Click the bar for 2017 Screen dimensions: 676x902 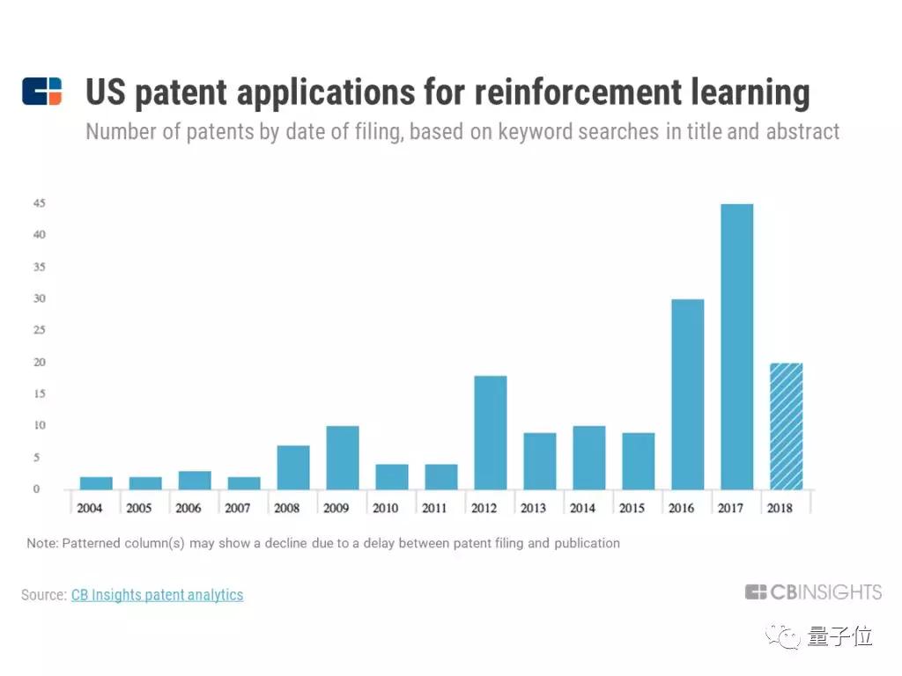[736, 347]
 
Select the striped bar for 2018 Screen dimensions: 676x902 [786, 426]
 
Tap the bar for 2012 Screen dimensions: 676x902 [490, 432]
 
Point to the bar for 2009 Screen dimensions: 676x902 [342, 458]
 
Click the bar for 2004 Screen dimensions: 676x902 [95, 483]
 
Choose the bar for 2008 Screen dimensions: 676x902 [292, 467]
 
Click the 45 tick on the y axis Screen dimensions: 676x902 [40, 203]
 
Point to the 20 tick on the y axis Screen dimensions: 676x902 [40, 363]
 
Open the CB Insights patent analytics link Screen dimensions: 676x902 [157, 595]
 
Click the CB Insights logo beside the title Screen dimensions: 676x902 [42, 92]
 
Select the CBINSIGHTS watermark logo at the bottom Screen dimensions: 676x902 [813, 592]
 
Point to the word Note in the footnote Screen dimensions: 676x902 [41, 543]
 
